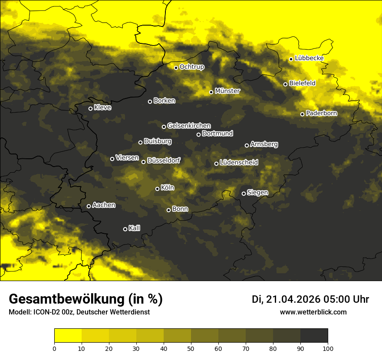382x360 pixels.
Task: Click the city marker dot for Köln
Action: pos(158,189)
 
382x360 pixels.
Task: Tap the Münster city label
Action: pos(227,91)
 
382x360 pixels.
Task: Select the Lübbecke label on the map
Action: pos(309,58)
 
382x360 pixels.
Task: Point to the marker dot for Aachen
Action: pos(89,206)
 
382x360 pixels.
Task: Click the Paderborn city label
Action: pos(321,113)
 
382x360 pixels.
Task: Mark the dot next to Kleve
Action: pos(91,108)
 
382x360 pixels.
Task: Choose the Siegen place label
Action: pos(257,193)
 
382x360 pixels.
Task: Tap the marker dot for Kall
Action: pos(125,229)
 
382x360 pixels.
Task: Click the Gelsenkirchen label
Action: pos(189,126)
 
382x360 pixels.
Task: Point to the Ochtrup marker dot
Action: pos(176,68)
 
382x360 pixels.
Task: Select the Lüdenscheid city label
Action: pos(239,163)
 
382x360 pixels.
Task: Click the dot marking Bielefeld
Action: pos(286,84)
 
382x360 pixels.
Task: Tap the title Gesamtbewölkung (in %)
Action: pos(86,299)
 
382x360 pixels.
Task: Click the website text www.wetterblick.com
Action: pos(313,312)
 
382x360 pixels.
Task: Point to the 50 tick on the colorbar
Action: pos(191,348)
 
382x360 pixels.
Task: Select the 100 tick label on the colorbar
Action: pos(328,348)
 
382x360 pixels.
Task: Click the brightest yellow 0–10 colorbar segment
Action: pos(68,336)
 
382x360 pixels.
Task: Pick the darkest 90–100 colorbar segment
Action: pos(314,336)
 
